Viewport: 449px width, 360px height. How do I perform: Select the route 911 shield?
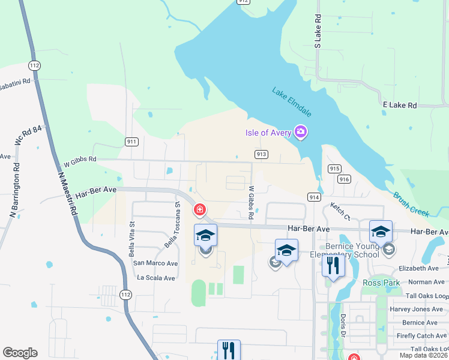(x=132, y=142)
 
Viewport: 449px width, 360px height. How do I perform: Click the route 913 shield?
(x=261, y=154)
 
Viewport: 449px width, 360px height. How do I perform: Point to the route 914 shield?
(x=313, y=197)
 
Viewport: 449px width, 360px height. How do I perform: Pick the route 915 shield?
(x=335, y=169)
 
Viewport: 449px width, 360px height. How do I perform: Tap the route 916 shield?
(x=344, y=179)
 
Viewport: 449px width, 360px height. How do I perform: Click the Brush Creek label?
(x=412, y=204)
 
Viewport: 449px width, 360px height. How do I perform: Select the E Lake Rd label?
(x=399, y=105)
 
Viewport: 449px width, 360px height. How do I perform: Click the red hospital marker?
(x=199, y=210)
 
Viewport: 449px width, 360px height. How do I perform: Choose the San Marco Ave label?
(x=155, y=263)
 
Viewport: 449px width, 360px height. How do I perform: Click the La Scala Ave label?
(x=155, y=278)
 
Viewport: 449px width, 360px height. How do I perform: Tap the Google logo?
(x=20, y=353)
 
